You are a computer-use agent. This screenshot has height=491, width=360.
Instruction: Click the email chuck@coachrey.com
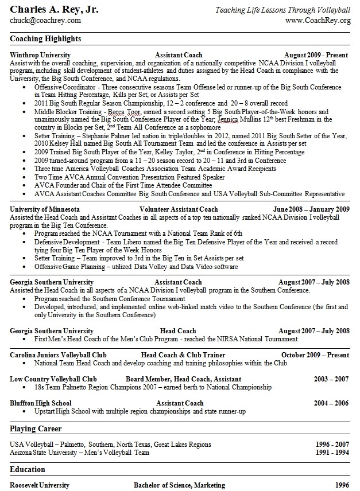pos(45,21)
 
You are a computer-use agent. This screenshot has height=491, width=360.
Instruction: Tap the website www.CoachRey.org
pos(318,21)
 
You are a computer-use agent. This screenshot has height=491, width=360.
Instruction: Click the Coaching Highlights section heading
pos(45,39)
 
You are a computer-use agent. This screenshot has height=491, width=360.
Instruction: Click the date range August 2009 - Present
pos(316,55)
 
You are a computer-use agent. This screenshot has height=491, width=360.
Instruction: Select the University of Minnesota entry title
pos(45,209)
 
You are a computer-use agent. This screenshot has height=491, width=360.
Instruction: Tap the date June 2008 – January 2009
pos(311,209)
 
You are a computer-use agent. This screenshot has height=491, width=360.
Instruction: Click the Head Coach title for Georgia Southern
pos(178,331)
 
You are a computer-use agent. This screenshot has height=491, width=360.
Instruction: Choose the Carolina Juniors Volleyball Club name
pos(58,355)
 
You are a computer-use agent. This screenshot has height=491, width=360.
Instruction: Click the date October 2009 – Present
pos(315,355)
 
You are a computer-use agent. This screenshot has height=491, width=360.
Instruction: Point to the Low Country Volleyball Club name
pos(53,379)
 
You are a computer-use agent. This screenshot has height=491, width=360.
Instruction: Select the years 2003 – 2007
pos(331,379)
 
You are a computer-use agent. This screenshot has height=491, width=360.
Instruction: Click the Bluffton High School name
pos(41,403)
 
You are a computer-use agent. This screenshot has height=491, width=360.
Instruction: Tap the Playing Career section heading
pos(36,428)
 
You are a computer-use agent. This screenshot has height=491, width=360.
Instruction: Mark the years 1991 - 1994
pos(332,453)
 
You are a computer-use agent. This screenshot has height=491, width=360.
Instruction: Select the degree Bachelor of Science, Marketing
pos(179,485)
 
